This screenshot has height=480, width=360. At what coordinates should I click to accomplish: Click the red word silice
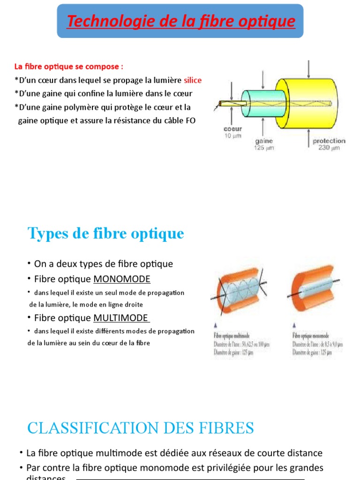tap(193, 80)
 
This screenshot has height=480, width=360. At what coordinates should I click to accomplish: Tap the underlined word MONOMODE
tap(122, 279)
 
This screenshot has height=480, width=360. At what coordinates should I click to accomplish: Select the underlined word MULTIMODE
tap(121, 317)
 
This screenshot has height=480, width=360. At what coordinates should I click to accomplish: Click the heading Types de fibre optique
tap(106, 233)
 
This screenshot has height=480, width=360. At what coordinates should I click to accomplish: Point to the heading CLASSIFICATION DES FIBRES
tap(141, 427)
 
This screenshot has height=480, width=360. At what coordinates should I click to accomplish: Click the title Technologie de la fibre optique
tap(181, 21)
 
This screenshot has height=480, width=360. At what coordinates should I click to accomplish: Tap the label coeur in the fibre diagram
tap(232, 128)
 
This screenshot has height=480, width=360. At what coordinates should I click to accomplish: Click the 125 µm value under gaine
tap(264, 148)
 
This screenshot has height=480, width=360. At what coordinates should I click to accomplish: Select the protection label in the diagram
tap(329, 141)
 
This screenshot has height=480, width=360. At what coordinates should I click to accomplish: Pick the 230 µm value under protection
tap(329, 148)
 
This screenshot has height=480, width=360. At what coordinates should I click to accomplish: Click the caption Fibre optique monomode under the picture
tap(311, 336)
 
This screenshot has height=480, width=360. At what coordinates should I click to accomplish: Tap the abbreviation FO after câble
tap(190, 120)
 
